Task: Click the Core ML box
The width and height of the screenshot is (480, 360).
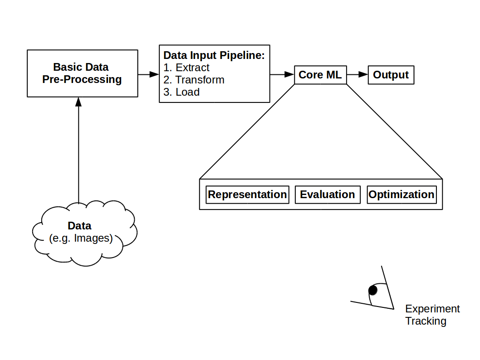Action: [x=320, y=75]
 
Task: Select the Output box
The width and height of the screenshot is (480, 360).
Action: [x=391, y=75]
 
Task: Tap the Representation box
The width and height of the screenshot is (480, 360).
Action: [x=247, y=195]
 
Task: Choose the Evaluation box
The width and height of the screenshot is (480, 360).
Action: [x=328, y=195]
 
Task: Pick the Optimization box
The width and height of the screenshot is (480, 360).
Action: [x=402, y=195]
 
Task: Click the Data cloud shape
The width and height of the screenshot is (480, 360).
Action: [x=85, y=233]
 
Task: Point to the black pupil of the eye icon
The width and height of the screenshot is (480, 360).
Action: [x=373, y=290]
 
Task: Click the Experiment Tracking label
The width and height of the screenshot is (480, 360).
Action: [x=432, y=315]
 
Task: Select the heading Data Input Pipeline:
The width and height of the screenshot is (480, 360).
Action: [x=214, y=55]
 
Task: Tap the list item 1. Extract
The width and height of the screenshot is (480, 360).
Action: [x=186, y=68]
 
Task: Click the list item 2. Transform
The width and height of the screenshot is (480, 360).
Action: [x=194, y=80]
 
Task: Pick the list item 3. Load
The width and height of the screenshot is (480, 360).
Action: [x=181, y=92]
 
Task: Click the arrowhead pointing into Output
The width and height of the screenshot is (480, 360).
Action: [x=363, y=75]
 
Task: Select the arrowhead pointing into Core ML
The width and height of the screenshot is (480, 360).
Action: [x=289, y=74]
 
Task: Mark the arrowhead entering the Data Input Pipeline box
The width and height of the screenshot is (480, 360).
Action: [x=154, y=74]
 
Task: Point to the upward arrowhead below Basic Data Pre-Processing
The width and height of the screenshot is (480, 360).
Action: [x=78, y=102]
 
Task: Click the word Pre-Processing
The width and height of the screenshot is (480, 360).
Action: [x=82, y=79]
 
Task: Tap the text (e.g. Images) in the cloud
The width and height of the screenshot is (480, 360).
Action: [x=81, y=238]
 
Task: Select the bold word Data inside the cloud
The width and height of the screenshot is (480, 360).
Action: [x=79, y=226]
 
